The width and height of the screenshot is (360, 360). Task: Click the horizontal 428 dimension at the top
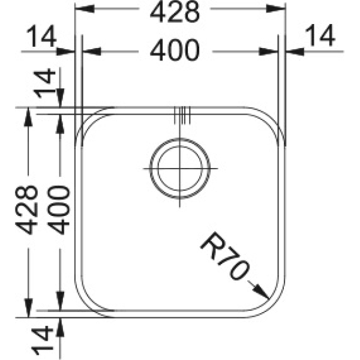[x=175, y=13]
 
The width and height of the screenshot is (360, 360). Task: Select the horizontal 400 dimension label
[x=175, y=50]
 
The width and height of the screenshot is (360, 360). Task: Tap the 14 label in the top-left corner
[x=41, y=36]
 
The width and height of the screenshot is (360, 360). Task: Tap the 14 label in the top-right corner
[x=320, y=35]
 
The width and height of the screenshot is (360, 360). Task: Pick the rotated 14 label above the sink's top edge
[x=44, y=83]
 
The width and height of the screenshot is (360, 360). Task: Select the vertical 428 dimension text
[x=26, y=209]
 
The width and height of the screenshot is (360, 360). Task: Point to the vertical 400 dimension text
[x=58, y=209]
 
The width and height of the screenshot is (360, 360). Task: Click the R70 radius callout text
[x=224, y=256]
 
